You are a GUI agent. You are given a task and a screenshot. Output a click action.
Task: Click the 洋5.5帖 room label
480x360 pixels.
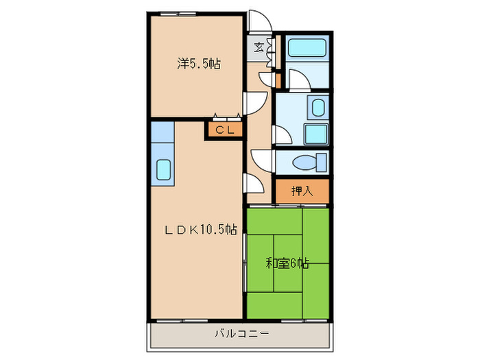click(198, 64)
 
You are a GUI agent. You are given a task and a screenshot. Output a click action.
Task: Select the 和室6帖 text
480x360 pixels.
click(287, 263)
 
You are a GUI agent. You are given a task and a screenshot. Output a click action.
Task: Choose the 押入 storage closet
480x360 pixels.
click(302, 191)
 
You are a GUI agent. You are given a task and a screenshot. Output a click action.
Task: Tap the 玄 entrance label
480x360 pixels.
click(259, 47)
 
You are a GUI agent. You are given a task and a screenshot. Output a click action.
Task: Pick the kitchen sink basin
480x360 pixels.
click(165, 169)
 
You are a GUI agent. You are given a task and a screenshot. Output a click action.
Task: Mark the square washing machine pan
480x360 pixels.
click(315, 133)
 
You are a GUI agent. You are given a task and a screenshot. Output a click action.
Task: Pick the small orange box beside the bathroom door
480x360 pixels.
click(278, 80)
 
